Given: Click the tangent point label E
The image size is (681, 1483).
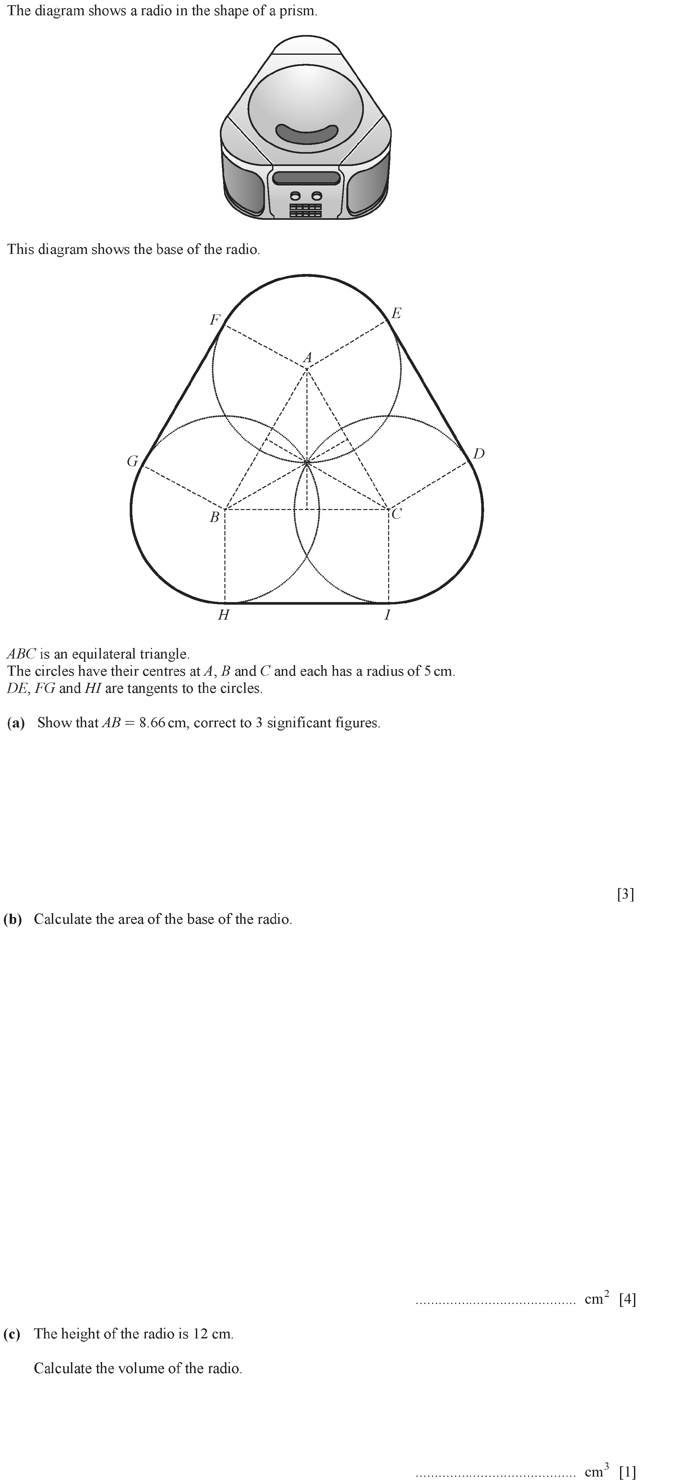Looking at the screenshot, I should pyautogui.click(x=396, y=314).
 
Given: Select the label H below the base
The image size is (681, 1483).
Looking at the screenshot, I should pyautogui.click(x=223, y=615).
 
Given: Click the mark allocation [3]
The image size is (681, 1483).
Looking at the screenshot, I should pyautogui.click(x=625, y=894).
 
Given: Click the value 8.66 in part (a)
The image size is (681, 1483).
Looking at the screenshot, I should pyautogui.click(x=152, y=723).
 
